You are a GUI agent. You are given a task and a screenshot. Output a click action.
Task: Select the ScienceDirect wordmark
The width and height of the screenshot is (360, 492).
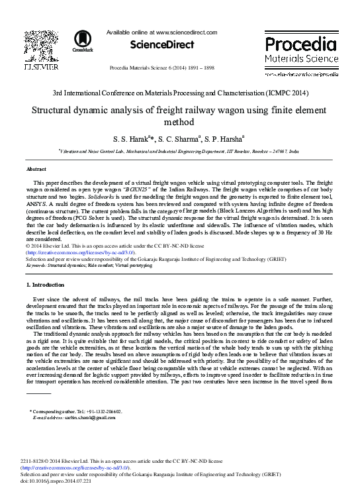[162, 45]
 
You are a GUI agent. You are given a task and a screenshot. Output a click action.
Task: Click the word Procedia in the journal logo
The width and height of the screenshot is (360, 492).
[300, 44]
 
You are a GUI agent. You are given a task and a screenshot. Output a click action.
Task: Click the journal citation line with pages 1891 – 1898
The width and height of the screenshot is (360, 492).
[161, 68]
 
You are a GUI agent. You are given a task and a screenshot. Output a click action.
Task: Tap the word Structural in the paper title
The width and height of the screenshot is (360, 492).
[56, 110]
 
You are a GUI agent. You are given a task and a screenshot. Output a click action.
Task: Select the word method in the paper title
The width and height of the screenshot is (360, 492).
[180, 122]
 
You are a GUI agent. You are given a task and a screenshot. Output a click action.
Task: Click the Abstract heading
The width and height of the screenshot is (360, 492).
[36, 170]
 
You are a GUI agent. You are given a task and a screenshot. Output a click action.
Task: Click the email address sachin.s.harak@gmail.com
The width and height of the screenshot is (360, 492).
[87, 418]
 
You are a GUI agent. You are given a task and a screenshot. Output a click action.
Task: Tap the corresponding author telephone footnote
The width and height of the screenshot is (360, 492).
[76, 411]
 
